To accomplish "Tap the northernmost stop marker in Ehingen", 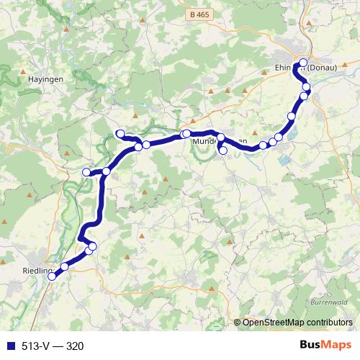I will [x=303, y=61].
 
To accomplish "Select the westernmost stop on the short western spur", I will [x=86, y=171].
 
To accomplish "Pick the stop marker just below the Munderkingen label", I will [x=222, y=150].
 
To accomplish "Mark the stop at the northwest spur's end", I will [x=120, y=133].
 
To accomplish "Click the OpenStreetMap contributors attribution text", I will [x=297, y=322].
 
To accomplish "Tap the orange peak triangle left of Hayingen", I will [x=24, y=73].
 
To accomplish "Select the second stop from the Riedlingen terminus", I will [x=64, y=266].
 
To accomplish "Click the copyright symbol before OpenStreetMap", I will [x=238, y=322].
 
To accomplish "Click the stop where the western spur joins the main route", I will [x=106, y=171].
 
